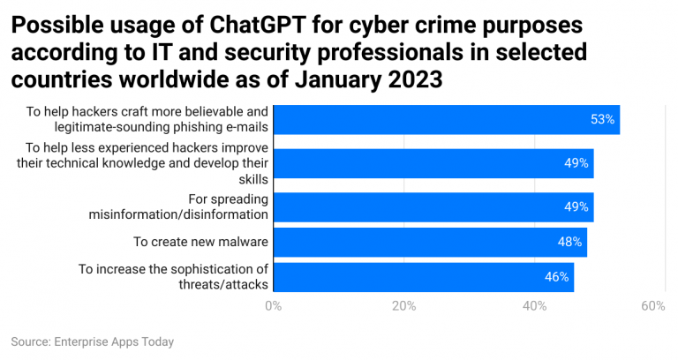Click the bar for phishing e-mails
(x=446, y=119)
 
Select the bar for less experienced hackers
(x=433, y=163)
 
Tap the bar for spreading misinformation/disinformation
(x=433, y=206)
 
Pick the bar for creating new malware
(x=429, y=242)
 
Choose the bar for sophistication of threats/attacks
(x=423, y=277)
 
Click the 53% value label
(x=603, y=119)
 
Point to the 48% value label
(x=570, y=242)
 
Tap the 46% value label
(x=557, y=277)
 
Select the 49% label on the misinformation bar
(x=576, y=206)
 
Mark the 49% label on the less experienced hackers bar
(x=576, y=163)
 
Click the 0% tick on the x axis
(x=274, y=306)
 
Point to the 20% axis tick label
(x=403, y=306)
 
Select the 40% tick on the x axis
(x=534, y=306)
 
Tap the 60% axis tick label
(x=652, y=306)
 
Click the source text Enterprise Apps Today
(x=113, y=341)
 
